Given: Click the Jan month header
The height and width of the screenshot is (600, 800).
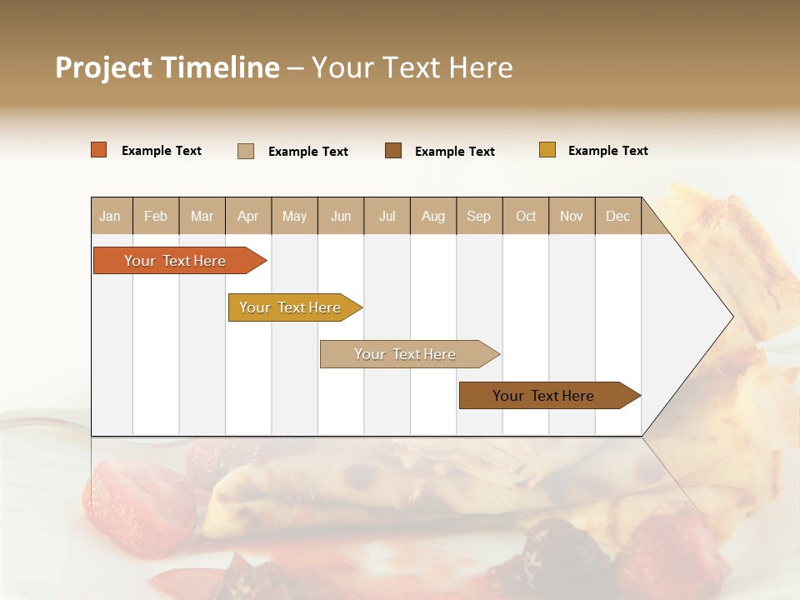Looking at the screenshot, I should click(110, 216).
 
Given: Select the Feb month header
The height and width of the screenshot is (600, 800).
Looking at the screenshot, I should click(156, 216).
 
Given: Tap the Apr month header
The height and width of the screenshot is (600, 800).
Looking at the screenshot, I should click(247, 216).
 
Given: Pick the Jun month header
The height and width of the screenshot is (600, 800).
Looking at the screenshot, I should click(341, 216).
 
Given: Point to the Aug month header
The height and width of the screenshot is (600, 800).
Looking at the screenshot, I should click(432, 216).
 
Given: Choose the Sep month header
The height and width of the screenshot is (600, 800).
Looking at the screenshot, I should click(478, 216).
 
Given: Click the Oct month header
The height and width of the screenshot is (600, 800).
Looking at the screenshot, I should click(526, 216).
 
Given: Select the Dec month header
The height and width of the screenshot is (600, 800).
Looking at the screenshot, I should click(617, 216).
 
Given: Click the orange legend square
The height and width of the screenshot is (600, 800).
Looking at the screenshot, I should click(99, 150).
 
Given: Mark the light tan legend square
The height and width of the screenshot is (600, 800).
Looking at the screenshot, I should click(246, 151).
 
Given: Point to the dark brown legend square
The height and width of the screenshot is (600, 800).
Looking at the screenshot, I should click(393, 150).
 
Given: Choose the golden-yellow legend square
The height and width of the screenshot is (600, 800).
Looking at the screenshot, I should click(547, 150).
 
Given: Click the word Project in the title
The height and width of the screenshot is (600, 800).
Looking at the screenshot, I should click(104, 67).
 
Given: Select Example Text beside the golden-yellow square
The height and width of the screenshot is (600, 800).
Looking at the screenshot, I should click(607, 151).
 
